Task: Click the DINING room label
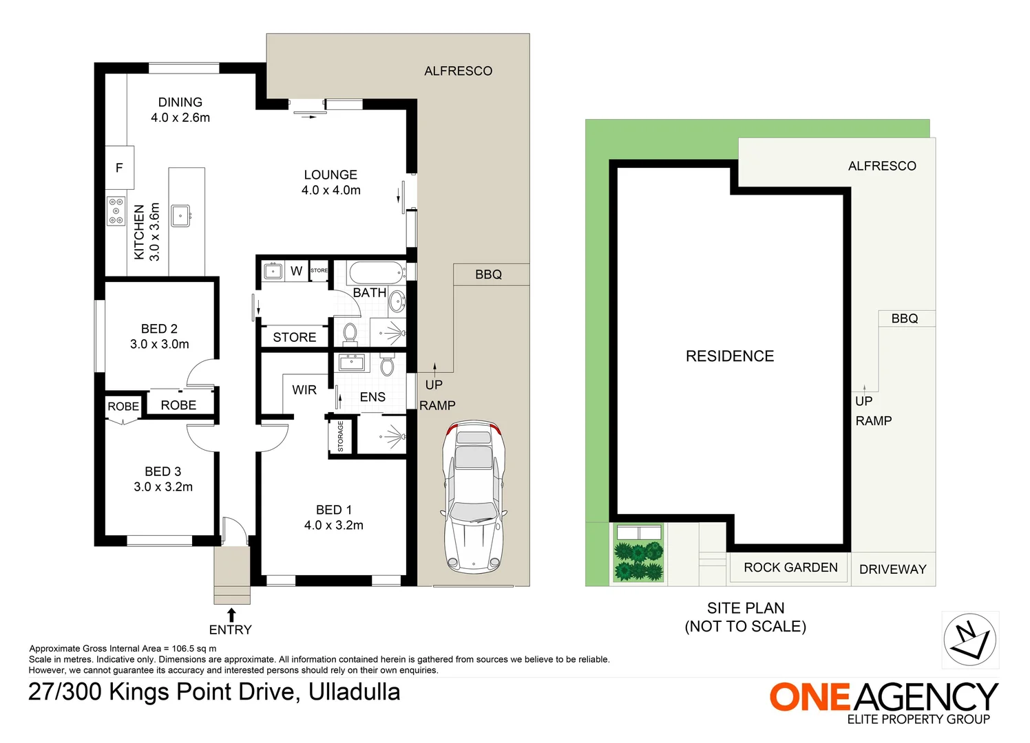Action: [180, 102]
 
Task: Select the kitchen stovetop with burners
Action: [116, 211]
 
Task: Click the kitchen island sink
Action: [180, 216]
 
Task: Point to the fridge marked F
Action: [120, 168]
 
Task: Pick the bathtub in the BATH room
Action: [376, 273]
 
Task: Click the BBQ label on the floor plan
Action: [488, 274]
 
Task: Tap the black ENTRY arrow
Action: [232, 615]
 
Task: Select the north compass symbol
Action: [970, 640]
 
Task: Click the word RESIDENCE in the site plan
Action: [730, 356]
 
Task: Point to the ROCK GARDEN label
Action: [790, 568]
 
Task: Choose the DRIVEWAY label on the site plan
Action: [892, 570]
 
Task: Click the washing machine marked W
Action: [297, 271]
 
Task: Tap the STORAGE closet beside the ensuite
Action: [341, 436]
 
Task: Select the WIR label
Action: [304, 390]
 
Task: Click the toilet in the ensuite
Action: [387, 365]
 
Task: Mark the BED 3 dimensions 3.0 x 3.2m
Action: [163, 486]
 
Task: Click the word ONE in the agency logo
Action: [810, 697]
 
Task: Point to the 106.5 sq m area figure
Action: [193, 649]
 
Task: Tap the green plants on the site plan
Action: [639, 561]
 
